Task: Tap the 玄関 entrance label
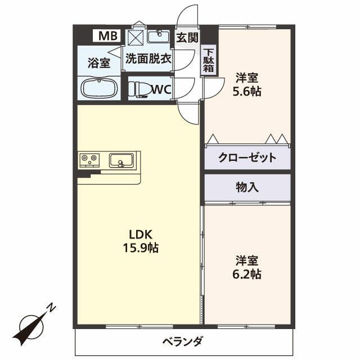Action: [x=187, y=38]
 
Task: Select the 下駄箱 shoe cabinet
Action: [x=209, y=60]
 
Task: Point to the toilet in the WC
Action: [x=139, y=89]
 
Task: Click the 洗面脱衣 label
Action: [x=148, y=58]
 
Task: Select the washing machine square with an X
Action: [x=136, y=38]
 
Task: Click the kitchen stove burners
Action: [x=89, y=160]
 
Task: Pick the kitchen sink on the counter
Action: [x=121, y=160]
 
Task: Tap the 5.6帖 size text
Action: [x=247, y=92]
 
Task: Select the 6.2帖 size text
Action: [x=247, y=274]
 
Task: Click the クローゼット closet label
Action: [x=247, y=157]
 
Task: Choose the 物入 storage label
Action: [x=247, y=188]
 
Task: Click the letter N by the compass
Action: [x=51, y=308]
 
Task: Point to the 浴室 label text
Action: [x=98, y=62]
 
